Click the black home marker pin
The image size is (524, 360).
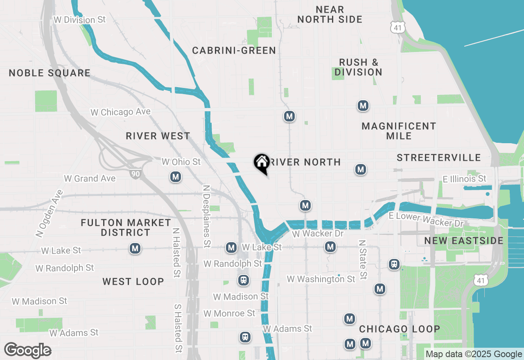pos(261,163)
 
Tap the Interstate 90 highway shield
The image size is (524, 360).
pos(135,174)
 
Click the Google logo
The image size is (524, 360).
pos(28,351)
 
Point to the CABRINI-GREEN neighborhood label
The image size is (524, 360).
pos(234,51)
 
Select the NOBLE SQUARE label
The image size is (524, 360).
pos(50,73)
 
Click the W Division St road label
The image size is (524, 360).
pos(79,20)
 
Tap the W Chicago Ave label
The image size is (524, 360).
pos(120,112)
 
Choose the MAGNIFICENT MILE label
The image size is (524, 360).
pos(399,131)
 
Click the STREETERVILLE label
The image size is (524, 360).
pos(438,158)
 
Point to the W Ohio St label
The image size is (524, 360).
pos(181,162)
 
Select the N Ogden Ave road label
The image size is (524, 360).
pos(50,214)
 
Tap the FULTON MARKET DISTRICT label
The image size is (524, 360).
pos(126,227)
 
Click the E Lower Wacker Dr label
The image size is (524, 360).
pos(426,220)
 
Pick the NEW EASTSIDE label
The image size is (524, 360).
pos(464,241)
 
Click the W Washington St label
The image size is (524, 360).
pos(321,279)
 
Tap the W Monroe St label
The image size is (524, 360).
pos(229,313)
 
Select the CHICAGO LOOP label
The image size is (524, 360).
pos(400,329)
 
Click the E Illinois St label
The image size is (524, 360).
pos(464,179)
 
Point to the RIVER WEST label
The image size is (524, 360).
pos(158,136)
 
